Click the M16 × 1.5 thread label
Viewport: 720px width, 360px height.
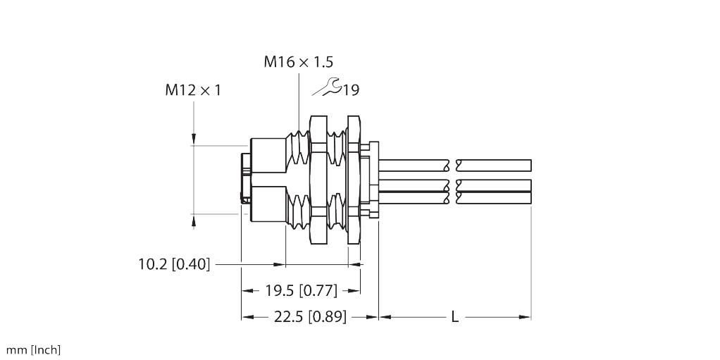coord(299,61)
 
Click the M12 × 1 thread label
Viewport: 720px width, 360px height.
coord(193,90)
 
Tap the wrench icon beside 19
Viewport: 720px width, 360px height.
coord(326,87)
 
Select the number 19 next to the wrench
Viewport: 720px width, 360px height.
coord(351,90)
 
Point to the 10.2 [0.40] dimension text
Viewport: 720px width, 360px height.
coord(174,264)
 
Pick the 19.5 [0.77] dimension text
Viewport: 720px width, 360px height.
coord(302,290)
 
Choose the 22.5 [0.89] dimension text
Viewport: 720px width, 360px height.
coord(311,316)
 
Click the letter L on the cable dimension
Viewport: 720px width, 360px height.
coord(454,316)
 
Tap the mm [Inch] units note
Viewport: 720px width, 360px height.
coord(33,350)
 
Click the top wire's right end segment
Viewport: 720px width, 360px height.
coord(497,166)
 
